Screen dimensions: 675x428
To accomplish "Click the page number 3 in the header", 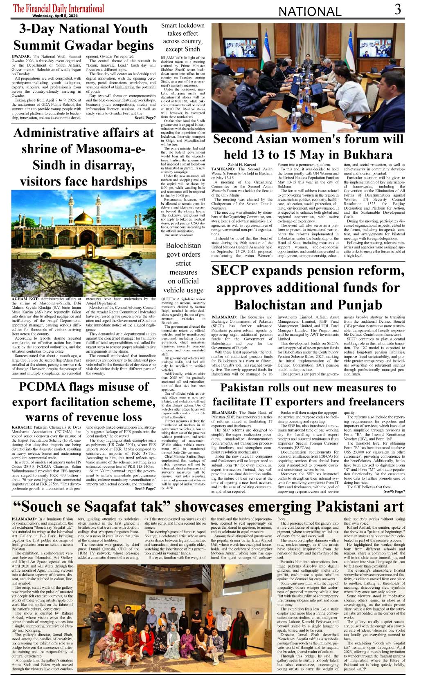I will [398, 9].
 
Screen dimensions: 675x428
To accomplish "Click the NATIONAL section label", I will [310, 11].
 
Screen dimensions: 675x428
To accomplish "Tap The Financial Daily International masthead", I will [59, 8].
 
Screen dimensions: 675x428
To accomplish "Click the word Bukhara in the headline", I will [368, 155].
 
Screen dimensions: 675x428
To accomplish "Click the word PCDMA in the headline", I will [42, 387].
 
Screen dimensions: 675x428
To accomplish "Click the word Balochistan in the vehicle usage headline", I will [183, 246].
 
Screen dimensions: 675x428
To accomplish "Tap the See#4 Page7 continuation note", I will [145, 118].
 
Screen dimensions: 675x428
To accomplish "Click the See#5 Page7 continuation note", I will [145, 488].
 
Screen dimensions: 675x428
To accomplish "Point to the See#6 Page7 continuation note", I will [394, 492].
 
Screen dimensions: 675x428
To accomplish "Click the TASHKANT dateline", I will [223, 169].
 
